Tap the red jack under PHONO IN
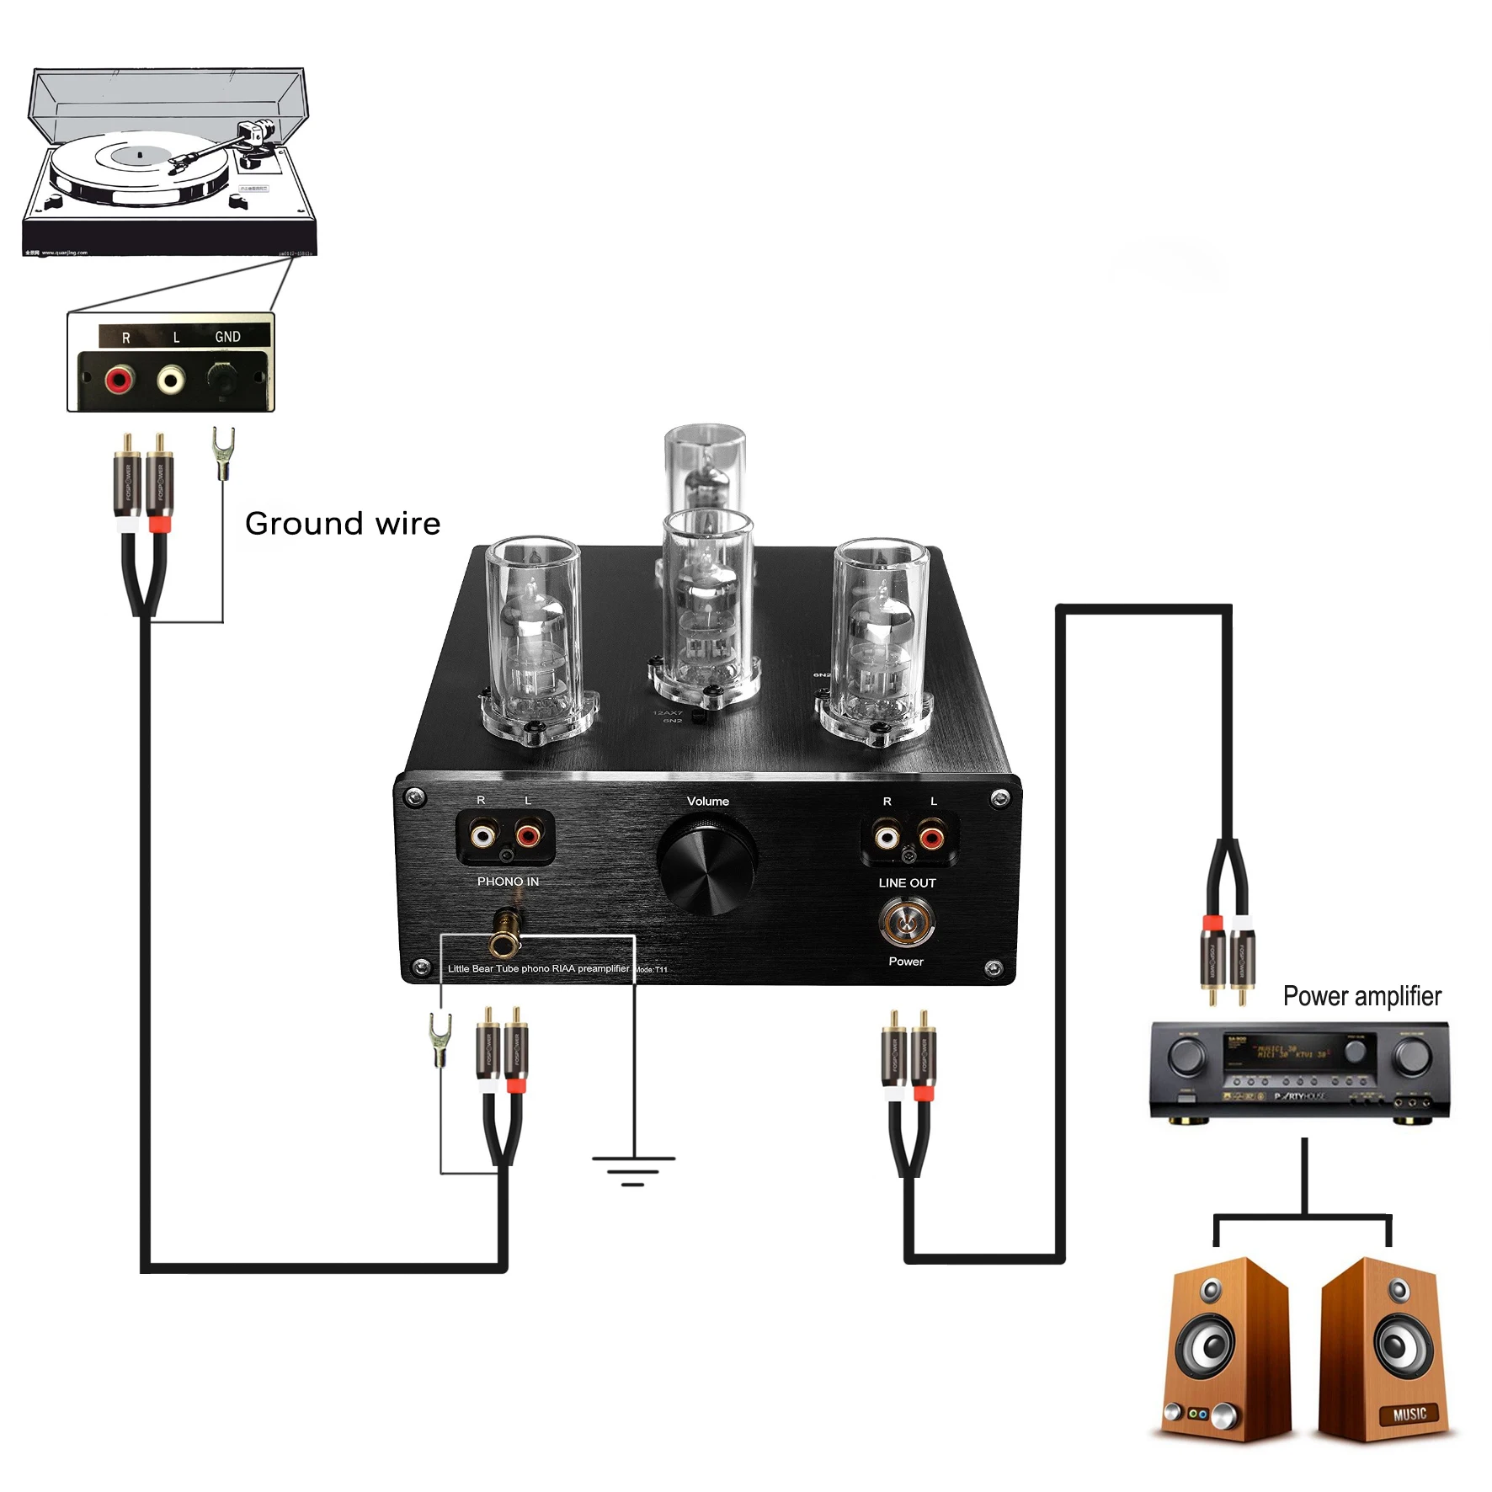pyautogui.click(x=528, y=835)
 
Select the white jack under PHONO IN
pyautogui.click(x=482, y=835)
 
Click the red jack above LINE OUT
pyautogui.click(x=931, y=837)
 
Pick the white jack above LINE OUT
pyautogui.click(x=886, y=837)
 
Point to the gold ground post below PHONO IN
pyautogui.click(x=506, y=931)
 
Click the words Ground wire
pyautogui.click(x=342, y=524)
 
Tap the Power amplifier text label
pyautogui.click(x=1361, y=996)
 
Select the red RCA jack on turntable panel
pyautogui.click(x=119, y=380)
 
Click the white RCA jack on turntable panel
pyautogui.click(x=171, y=380)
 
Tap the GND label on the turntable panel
pyautogui.click(x=227, y=337)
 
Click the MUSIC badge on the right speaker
pyautogui.click(x=1409, y=1414)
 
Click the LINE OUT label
pyautogui.click(x=907, y=883)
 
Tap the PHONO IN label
pyautogui.click(x=508, y=882)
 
